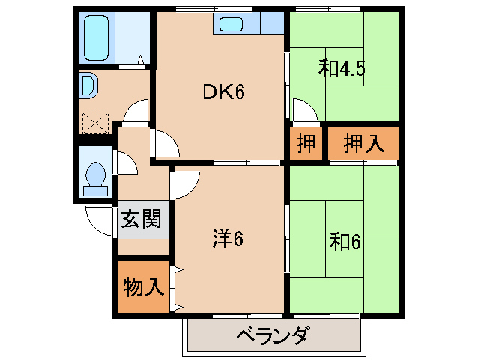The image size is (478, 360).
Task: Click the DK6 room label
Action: pos(224,92)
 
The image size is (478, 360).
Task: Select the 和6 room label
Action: pos(345,242)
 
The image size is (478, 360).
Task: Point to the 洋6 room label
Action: pos(229,239)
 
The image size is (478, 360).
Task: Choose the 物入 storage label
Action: pos(142,286)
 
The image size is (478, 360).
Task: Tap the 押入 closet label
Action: pos(362,143)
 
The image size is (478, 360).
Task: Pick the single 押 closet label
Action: pos(305,143)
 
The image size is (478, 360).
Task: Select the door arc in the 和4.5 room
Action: pos(305,112)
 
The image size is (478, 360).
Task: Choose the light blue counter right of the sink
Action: pos(272,24)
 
